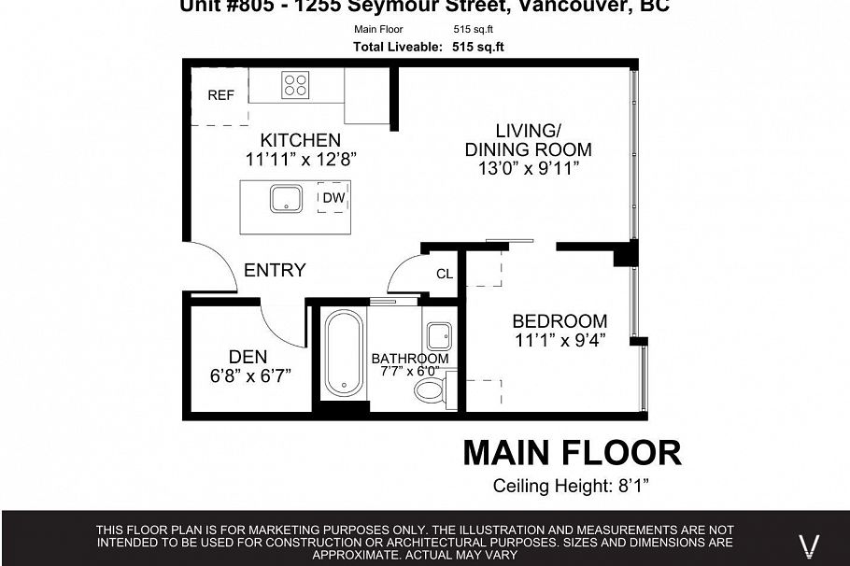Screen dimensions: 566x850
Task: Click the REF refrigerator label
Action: pos(220,95)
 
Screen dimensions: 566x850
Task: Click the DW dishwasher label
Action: pos(333,198)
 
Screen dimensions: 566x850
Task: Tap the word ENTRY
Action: pos(275,270)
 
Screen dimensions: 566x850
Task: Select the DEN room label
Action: pos(248,357)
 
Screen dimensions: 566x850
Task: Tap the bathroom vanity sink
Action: pos(438,335)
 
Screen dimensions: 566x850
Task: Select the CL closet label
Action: pos(445,274)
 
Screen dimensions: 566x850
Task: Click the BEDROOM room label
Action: pos(560,320)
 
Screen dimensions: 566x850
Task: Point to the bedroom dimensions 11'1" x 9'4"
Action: pos(560,340)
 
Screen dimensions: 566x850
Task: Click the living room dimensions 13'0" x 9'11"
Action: pos(528,169)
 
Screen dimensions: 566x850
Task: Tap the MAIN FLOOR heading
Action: pos(572,453)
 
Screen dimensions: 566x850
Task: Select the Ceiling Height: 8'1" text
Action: pos(571,486)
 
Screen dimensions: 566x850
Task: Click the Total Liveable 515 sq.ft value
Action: pos(481,47)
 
